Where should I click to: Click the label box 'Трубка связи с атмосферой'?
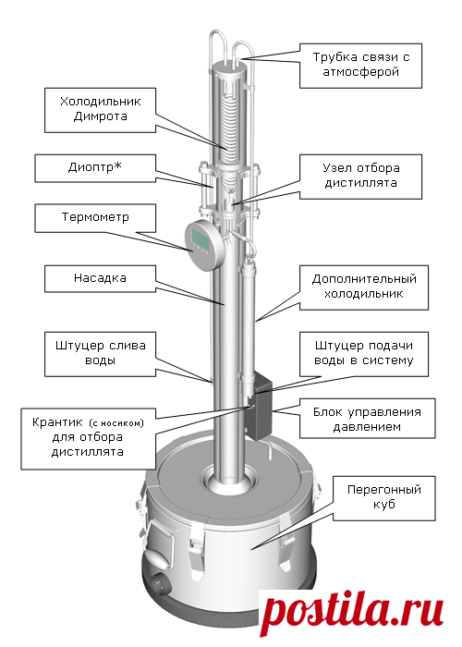click(x=360, y=66)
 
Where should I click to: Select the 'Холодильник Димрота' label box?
click(x=100, y=110)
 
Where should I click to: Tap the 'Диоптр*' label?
click(x=95, y=168)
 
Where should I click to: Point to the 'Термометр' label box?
click(x=95, y=218)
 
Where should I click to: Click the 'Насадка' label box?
click(x=100, y=278)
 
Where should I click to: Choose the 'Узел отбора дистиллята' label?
click(x=360, y=177)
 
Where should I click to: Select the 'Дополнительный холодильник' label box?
click(x=364, y=287)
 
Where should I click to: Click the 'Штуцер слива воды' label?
click(x=100, y=354)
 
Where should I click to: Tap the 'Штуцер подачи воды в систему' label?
click(x=364, y=354)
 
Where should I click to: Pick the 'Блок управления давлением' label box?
click(x=367, y=418)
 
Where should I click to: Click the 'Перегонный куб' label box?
click(x=384, y=498)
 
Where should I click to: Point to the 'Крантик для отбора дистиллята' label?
click(x=89, y=439)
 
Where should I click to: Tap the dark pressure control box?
click(x=259, y=405)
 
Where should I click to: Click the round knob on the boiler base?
click(x=159, y=585)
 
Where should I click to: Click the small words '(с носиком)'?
click(x=116, y=423)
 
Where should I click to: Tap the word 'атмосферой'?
click(x=360, y=72)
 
